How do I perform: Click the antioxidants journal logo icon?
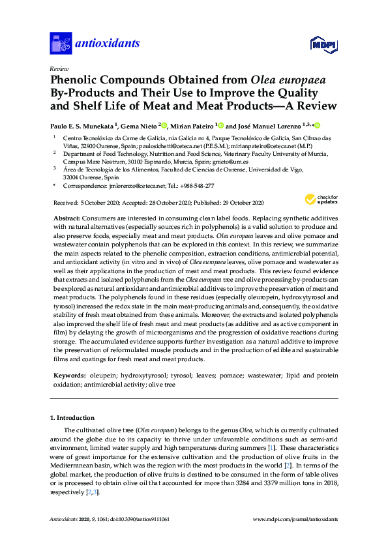pos(60,44)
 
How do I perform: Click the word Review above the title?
pos(59,68)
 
